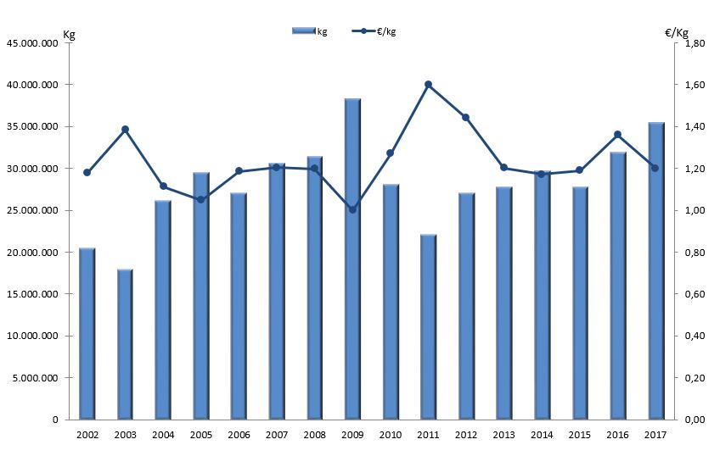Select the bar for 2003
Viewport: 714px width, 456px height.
[125, 344]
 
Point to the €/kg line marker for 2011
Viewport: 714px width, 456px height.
[428, 84]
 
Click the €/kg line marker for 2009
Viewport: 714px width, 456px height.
[352, 209]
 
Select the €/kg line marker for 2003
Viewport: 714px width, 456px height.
[125, 129]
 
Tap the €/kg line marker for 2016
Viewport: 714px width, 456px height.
[617, 134]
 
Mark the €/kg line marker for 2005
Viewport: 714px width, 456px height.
[200, 200]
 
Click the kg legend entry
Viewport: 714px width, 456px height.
[309, 31]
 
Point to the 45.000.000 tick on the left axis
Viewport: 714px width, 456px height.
[34, 43]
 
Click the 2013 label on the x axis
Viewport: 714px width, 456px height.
[503, 435]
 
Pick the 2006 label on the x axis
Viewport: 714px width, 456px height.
[239, 435]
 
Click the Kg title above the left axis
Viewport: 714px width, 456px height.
[69, 33]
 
